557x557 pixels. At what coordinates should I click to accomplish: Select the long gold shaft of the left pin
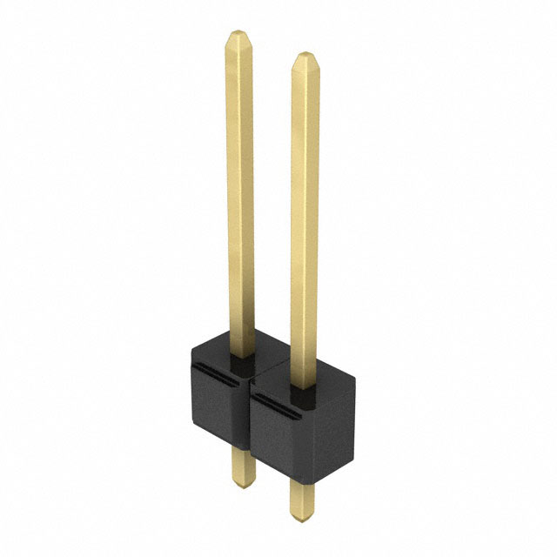pyautogui.click(x=240, y=191)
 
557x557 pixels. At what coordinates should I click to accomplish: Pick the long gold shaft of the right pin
pyautogui.click(x=305, y=218)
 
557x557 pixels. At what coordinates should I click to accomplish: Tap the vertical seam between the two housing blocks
pyautogui.click(x=251, y=418)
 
